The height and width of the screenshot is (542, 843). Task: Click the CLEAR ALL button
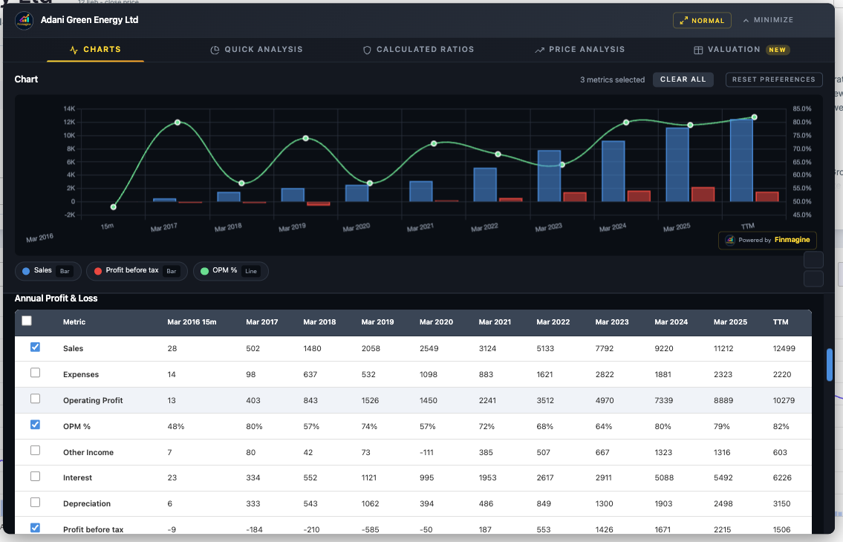pyautogui.click(x=683, y=79)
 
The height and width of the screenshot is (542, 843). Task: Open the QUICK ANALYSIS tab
pyautogui.click(x=256, y=50)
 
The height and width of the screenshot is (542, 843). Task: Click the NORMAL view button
pyautogui.click(x=702, y=21)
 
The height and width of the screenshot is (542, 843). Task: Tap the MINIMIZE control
pyautogui.click(x=768, y=20)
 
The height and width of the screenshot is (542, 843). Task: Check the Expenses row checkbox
pyautogui.click(x=35, y=373)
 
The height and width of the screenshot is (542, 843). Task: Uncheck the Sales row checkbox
pyautogui.click(x=35, y=347)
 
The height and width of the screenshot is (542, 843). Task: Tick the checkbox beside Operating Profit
pyautogui.click(x=35, y=399)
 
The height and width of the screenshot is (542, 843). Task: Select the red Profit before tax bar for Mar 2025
pyautogui.click(x=703, y=194)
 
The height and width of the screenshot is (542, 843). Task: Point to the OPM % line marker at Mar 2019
pyautogui.click(x=305, y=138)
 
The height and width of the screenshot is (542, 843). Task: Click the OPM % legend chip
pyautogui.click(x=230, y=271)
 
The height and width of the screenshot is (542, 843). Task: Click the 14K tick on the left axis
pyautogui.click(x=69, y=109)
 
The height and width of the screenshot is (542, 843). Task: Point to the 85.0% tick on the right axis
pyautogui.click(x=802, y=109)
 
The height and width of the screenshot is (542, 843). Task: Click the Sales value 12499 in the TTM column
pyautogui.click(x=784, y=349)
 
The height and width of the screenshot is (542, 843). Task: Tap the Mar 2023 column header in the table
pyautogui.click(x=612, y=322)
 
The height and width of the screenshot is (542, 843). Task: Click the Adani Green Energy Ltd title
pyautogui.click(x=90, y=20)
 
